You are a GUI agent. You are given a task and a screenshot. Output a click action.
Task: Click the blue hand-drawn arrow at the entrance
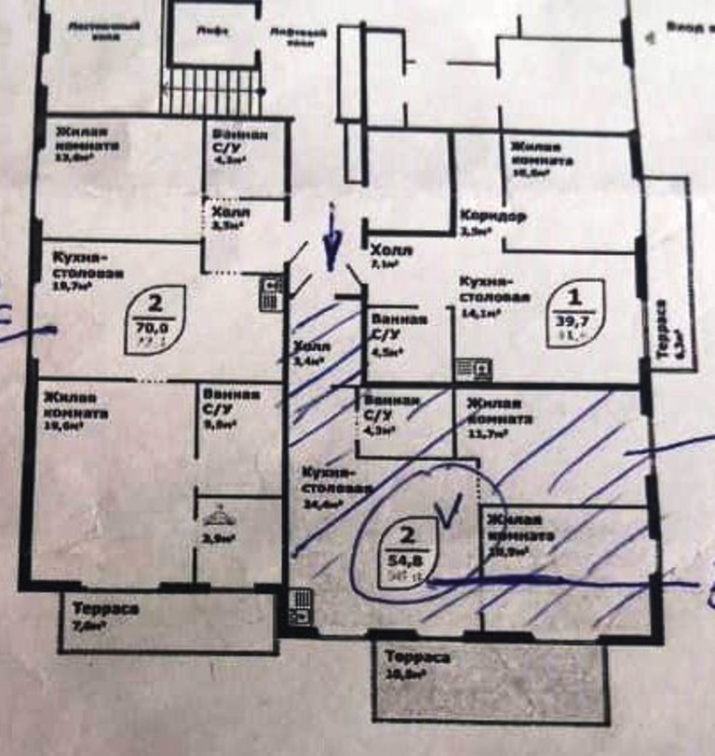point(330,244)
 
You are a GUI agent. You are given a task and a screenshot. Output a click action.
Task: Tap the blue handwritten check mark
point(451,508)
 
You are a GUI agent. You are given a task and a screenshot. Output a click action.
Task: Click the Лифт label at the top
point(212,29)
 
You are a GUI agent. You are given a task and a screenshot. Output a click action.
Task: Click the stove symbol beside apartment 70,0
point(270,292)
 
